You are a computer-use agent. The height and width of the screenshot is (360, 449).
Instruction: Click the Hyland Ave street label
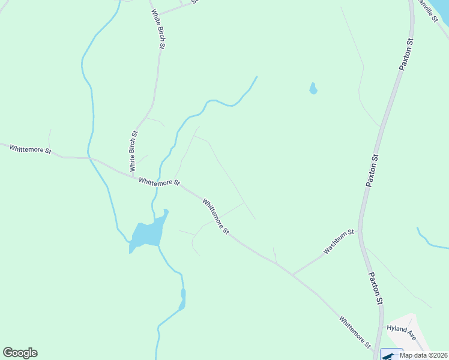pyautogui.click(x=401, y=329)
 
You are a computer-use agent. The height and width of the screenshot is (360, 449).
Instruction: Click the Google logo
pyautogui.click(x=20, y=353)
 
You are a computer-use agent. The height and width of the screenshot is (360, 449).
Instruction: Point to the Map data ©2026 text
pyautogui.click(x=424, y=355)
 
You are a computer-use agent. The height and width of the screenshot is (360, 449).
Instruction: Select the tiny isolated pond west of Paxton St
pyautogui.click(x=313, y=89)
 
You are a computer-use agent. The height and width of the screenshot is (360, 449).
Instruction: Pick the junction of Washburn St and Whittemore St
pyautogui.click(x=292, y=274)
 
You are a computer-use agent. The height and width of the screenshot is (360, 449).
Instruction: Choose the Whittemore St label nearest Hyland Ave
pyautogui.click(x=355, y=332)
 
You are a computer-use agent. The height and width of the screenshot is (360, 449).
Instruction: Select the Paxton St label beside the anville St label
pyautogui.click(x=406, y=55)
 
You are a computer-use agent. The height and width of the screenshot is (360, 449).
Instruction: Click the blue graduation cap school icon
pyautogui.click(x=391, y=355)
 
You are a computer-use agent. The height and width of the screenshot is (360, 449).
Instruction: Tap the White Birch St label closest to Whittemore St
pyautogui.click(x=134, y=150)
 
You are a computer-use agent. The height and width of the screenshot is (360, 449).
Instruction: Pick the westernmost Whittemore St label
pyautogui.click(x=30, y=149)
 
